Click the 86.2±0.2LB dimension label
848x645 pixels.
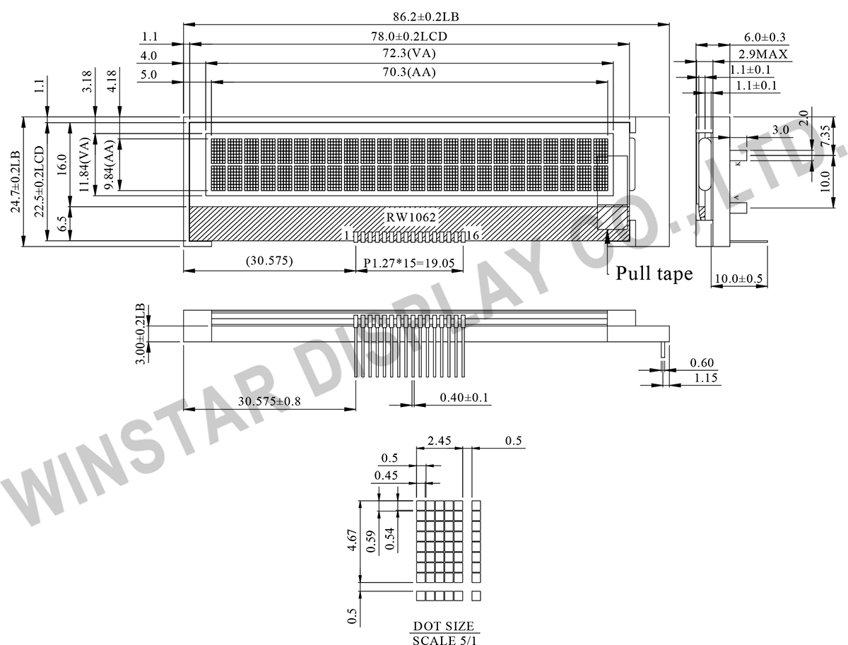[425, 17]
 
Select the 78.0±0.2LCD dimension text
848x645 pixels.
[409, 36]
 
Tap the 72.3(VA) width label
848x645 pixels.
[409, 53]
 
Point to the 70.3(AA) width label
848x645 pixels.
[409, 72]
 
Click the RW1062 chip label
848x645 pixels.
[411, 218]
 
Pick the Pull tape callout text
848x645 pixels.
[654, 273]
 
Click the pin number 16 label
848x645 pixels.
[473, 235]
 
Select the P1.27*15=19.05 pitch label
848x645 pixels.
[409, 263]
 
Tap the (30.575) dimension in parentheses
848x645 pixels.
[269, 261]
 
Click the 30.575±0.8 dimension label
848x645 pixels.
[269, 401]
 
